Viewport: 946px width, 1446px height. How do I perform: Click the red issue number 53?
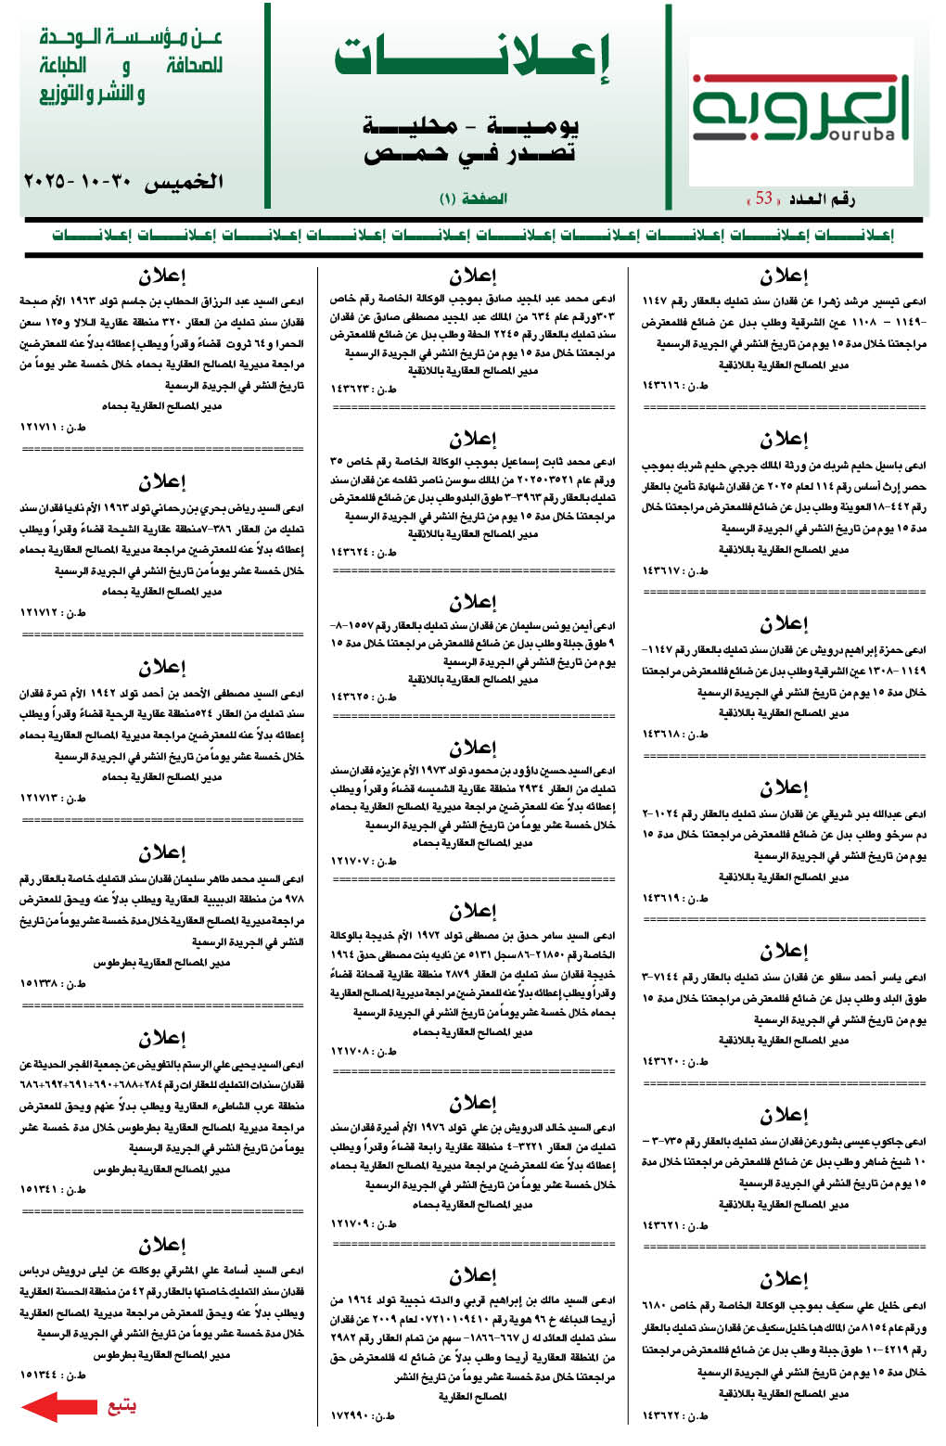pos(764,198)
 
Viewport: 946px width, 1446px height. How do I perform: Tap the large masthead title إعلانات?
pos(472,58)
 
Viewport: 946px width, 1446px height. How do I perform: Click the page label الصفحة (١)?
pos(473,198)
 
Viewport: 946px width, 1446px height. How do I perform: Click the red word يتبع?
pos(121,1405)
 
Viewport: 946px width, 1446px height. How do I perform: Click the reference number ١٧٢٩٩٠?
pos(352,1416)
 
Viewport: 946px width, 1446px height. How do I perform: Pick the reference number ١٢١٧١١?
pos(42,428)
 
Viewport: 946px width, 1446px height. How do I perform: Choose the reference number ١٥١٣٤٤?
pos(42,1375)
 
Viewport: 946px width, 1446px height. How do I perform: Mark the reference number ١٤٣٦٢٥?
pos(352,697)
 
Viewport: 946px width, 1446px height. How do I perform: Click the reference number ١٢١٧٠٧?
pos(352,862)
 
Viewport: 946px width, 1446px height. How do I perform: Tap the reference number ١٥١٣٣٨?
pos(42,983)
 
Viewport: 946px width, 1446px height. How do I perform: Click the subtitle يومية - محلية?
pos(471,125)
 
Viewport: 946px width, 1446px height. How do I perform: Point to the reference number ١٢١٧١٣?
pos(42,798)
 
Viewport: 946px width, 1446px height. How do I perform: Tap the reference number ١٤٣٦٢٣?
pos(352,390)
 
